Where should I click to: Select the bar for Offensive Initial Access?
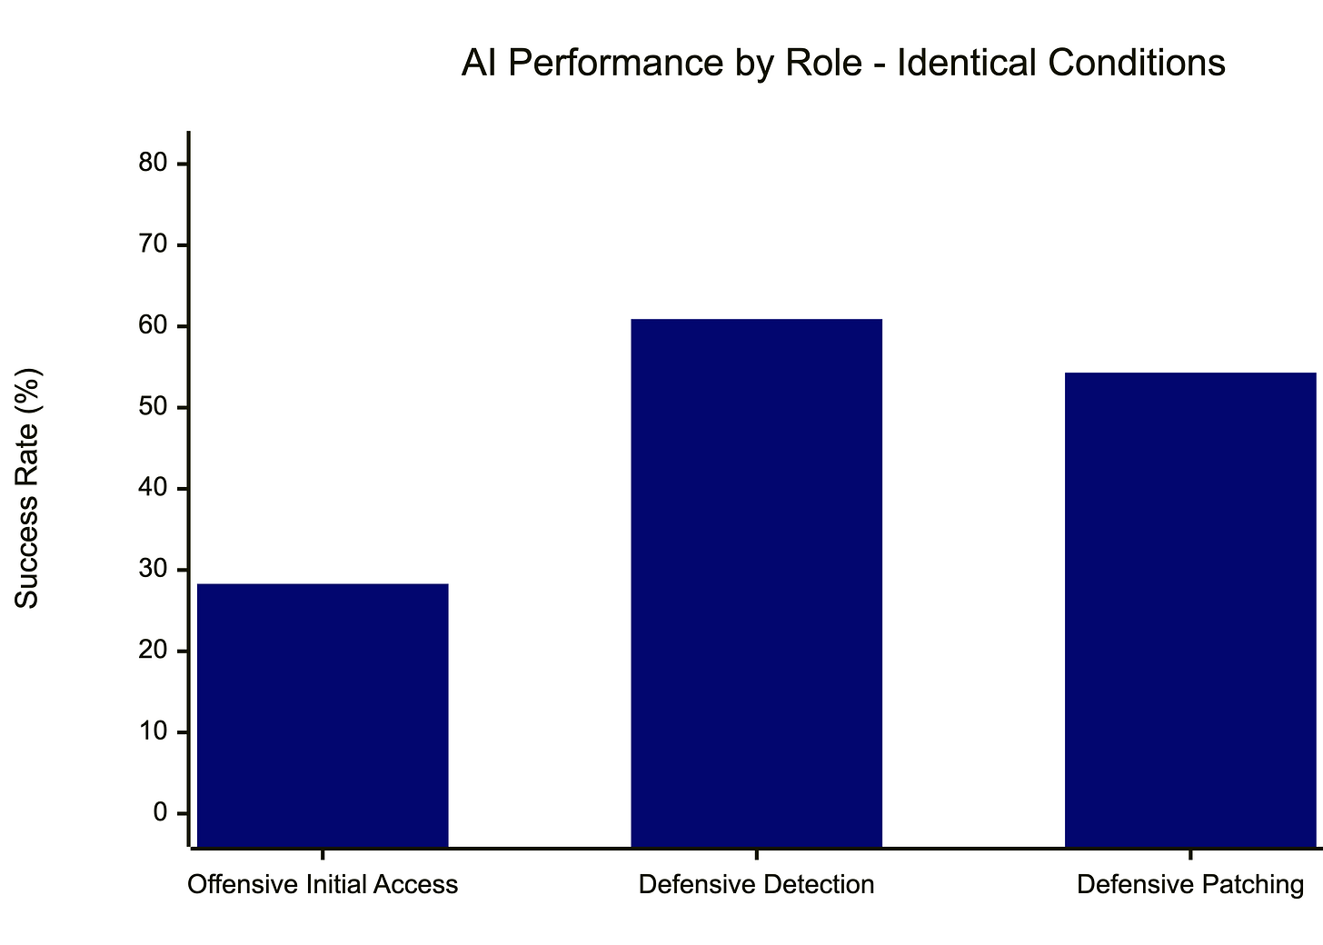[x=323, y=715]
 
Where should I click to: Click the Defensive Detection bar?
[x=756, y=582]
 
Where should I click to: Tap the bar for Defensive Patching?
[x=1190, y=610]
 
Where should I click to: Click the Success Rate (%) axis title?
[x=28, y=488]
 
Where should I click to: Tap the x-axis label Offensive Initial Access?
[x=323, y=884]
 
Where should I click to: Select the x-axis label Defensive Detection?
[x=756, y=884]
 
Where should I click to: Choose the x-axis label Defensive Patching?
[x=1190, y=884]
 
